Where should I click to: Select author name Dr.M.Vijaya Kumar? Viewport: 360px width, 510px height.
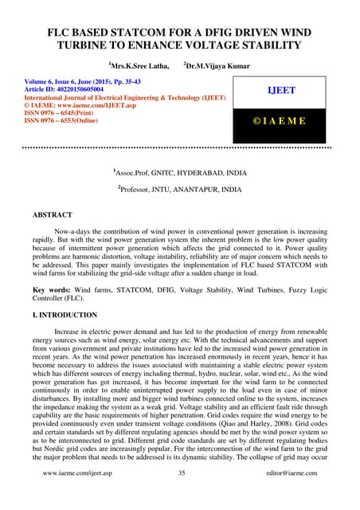[217, 64]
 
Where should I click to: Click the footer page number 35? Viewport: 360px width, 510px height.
[181, 495]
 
